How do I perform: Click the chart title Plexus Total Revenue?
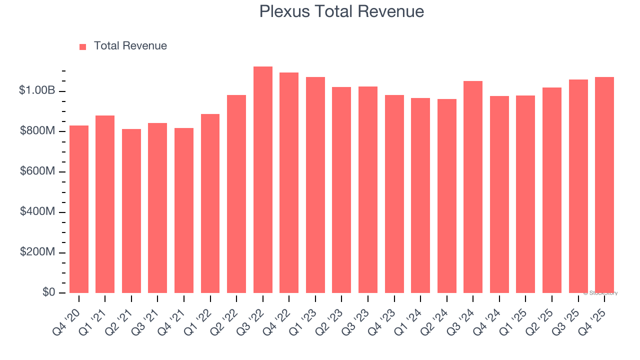(x=341, y=11)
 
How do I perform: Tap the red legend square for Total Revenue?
(x=83, y=46)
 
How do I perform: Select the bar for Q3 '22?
(x=263, y=180)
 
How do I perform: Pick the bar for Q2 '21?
(x=131, y=211)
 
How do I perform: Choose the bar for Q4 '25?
(x=604, y=185)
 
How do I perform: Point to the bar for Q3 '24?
(x=473, y=187)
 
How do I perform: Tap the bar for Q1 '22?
(x=210, y=203)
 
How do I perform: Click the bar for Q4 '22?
(x=289, y=183)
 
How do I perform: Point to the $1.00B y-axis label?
(x=37, y=90)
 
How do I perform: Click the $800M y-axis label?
(x=37, y=131)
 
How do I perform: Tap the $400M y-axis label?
(x=37, y=211)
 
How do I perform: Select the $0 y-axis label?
(x=48, y=292)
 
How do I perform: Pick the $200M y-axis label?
(x=37, y=252)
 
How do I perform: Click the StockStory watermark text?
(x=600, y=293)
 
